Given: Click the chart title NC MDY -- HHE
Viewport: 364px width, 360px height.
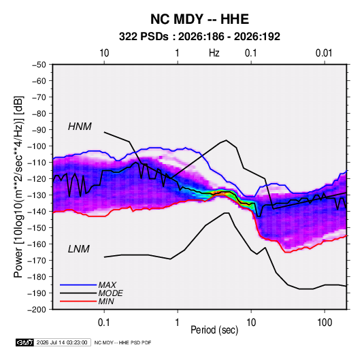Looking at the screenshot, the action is point(199,19).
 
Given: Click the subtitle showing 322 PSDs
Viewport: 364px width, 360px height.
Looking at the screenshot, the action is point(199,37).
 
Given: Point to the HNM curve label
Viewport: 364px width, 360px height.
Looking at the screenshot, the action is point(80,127).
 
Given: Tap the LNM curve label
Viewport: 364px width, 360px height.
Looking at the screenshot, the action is point(78,249).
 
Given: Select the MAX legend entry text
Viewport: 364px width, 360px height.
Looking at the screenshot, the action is point(107,284).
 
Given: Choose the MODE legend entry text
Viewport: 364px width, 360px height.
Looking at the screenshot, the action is point(110,293).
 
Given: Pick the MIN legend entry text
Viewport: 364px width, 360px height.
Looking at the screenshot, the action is point(106,301).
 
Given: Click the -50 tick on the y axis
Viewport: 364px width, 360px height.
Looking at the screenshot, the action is point(39,65).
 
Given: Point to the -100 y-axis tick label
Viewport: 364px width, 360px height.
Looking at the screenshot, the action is point(37,146).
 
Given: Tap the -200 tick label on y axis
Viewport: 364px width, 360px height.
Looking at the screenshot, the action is point(37,310).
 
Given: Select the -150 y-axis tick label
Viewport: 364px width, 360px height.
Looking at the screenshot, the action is point(37,228).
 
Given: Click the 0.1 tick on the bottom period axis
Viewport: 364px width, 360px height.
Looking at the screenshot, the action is point(104,323).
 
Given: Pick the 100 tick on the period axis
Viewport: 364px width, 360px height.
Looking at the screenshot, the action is point(325,323).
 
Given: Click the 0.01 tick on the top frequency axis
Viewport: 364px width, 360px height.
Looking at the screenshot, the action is point(324,53).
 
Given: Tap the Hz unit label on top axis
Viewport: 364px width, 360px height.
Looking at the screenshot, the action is point(214,53).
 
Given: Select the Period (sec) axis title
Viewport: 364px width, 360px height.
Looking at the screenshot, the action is point(214,330).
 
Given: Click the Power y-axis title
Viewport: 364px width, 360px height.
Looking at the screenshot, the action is point(18,187).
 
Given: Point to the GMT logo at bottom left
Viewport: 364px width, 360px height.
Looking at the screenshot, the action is point(24,342).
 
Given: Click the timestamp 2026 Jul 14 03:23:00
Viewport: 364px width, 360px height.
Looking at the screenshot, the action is point(62,342).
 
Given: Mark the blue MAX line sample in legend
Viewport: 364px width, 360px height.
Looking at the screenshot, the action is point(78,285).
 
